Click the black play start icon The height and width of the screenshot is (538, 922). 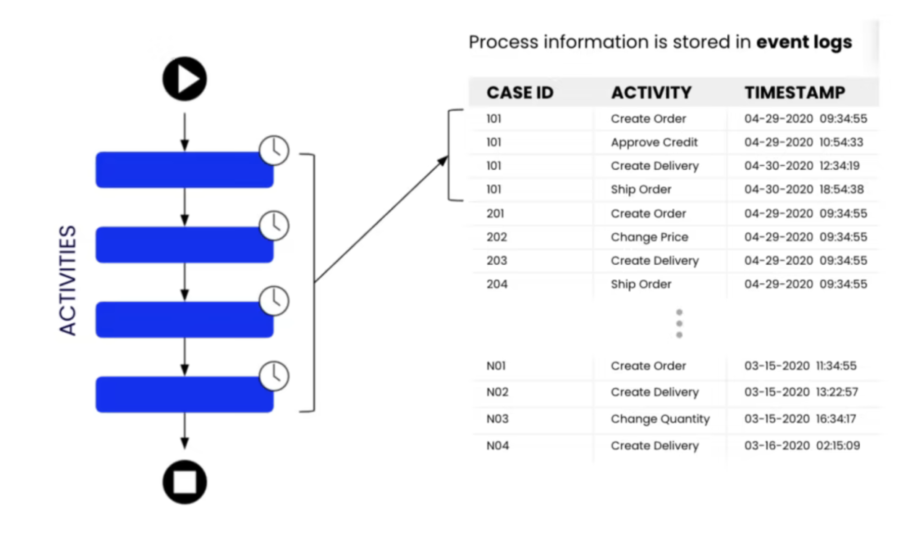click(185, 79)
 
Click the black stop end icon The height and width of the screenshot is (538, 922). click(185, 482)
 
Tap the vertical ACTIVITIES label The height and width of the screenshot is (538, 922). click(68, 280)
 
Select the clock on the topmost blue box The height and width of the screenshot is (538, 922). click(274, 150)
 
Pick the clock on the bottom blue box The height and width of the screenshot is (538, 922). click(274, 376)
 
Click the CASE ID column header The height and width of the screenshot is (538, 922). click(520, 93)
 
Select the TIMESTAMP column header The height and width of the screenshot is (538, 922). click(795, 93)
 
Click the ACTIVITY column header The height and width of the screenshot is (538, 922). click(651, 93)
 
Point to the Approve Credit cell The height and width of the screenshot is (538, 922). click(654, 142)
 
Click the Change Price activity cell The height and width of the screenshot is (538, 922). click(649, 237)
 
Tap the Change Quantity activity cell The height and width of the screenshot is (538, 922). click(660, 419)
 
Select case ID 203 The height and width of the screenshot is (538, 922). click(497, 261)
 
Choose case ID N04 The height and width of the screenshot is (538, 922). click(497, 446)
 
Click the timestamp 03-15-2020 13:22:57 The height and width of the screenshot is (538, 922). click(801, 392)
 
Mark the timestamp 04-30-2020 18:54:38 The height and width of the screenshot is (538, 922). click(804, 190)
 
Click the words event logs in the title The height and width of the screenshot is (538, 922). click(804, 42)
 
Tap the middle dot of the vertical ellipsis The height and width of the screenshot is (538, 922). click(679, 324)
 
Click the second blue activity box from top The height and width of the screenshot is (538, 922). click(184, 244)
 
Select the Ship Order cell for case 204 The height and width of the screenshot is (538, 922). click(641, 285)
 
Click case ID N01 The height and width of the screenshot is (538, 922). click(496, 366)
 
